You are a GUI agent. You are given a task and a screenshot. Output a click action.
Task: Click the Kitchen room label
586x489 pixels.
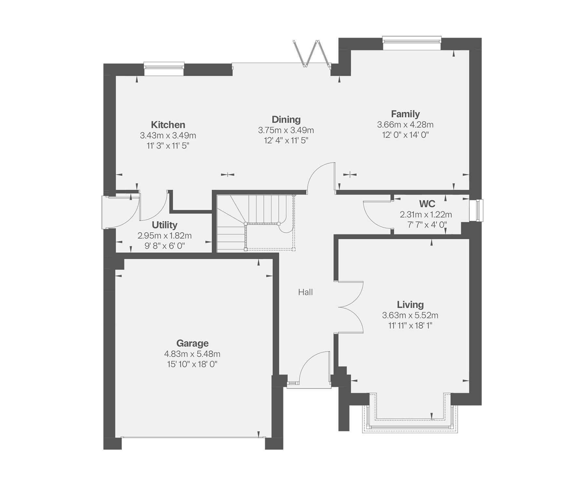pyautogui.click(x=168, y=125)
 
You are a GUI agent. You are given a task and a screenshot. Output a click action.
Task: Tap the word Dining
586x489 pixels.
pyautogui.click(x=286, y=120)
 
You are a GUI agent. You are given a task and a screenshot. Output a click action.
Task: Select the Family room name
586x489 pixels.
pyautogui.click(x=405, y=114)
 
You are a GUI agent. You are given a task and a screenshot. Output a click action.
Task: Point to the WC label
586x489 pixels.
pyautogui.click(x=427, y=204)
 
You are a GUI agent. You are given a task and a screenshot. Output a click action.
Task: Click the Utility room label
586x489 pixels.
pyautogui.click(x=164, y=225)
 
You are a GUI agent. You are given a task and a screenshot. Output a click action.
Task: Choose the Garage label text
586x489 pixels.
pyautogui.click(x=192, y=343)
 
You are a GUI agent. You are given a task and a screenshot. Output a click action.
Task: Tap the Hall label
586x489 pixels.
pyautogui.click(x=305, y=292)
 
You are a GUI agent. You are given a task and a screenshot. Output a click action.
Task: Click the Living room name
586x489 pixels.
pyautogui.click(x=410, y=305)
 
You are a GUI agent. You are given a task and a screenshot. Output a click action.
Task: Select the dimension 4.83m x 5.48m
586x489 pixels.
pyautogui.click(x=192, y=354)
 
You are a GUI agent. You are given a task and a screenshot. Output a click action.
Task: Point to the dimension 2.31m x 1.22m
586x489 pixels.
pyautogui.click(x=426, y=215)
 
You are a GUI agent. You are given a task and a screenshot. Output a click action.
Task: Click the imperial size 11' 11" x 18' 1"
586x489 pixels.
pyautogui.click(x=410, y=326)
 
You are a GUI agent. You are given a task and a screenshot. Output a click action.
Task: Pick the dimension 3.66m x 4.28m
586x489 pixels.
pyautogui.click(x=405, y=125)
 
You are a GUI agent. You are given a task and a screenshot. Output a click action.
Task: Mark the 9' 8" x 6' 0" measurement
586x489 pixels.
pyautogui.click(x=165, y=246)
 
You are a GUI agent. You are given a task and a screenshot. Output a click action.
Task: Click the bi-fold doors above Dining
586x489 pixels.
pyautogui.click(x=312, y=54)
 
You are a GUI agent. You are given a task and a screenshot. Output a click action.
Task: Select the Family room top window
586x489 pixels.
pyautogui.click(x=412, y=43)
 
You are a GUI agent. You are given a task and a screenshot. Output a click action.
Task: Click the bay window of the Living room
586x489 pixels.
pyautogui.click(x=410, y=427)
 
